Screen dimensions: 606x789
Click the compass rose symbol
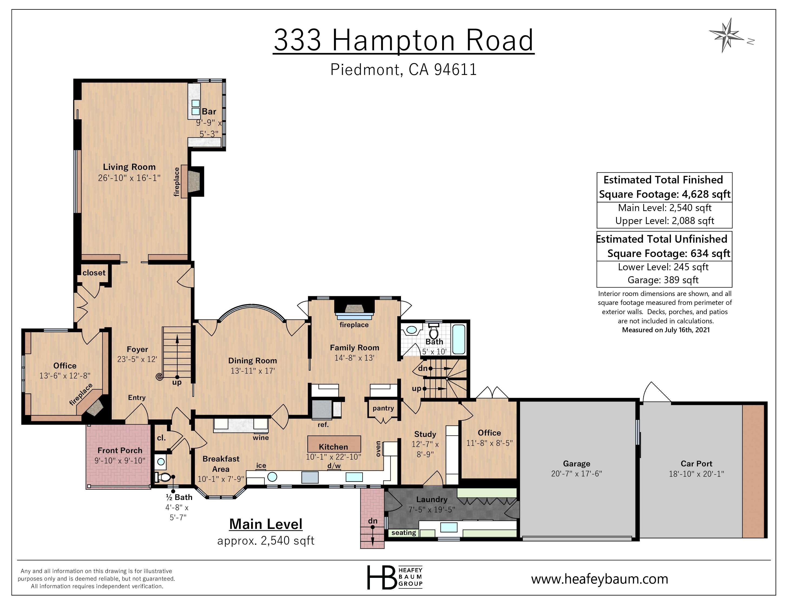pos(726,35)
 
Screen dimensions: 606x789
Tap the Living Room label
pos(129,167)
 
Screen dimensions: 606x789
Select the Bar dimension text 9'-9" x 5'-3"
pos(209,128)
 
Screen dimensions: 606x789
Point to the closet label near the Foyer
pos(94,273)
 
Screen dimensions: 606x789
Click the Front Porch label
pos(120,450)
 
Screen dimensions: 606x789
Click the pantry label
pos(383,408)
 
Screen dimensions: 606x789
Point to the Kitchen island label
pos(333,447)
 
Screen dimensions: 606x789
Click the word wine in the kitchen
pos(261,437)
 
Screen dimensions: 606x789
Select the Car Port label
pos(696,463)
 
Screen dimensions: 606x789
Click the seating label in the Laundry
pos(403,532)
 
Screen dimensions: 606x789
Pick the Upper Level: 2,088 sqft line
pos(664,221)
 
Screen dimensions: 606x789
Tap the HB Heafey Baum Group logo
pos(394,577)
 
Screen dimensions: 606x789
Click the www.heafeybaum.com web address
pos(599,579)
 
